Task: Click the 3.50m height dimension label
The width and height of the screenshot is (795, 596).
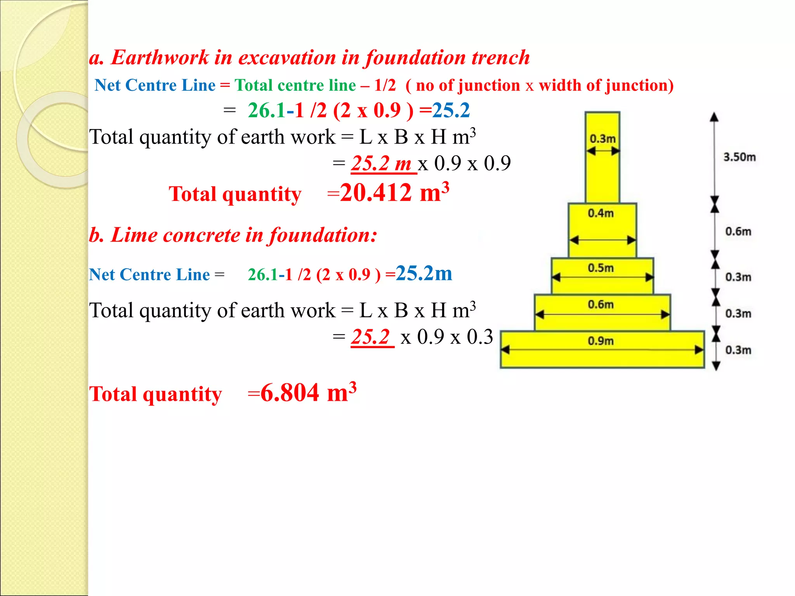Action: click(739, 157)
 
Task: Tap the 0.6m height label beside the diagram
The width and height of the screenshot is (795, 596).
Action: click(738, 232)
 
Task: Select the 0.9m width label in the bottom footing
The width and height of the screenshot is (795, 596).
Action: click(601, 341)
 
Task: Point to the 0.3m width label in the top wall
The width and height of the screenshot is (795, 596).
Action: click(602, 139)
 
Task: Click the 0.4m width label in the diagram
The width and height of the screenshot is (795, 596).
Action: click(601, 213)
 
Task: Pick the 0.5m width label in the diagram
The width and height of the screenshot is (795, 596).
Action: click(601, 268)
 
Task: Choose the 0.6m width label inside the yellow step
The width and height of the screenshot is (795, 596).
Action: click(601, 305)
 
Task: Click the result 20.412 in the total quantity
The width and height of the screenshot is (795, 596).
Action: click(375, 192)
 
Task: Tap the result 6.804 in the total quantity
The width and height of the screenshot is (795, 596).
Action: click(290, 393)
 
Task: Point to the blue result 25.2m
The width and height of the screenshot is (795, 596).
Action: click(424, 273)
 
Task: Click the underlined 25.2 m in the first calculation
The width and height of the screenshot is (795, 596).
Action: click(381, 163)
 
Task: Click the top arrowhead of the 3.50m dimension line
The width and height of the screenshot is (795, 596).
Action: click(714, 117)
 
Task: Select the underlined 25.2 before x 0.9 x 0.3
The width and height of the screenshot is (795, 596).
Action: click(370, 337)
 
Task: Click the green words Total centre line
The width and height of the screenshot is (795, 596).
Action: click(295, 85)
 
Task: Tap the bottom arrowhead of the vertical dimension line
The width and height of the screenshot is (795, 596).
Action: click(716, 366)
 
